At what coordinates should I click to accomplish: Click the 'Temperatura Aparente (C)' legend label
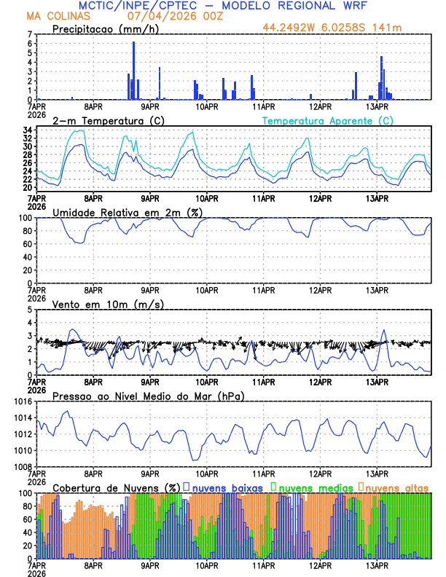pyautogui.click(x=327, y=120)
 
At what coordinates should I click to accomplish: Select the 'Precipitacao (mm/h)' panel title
pyautogui.click(x=103, y=28)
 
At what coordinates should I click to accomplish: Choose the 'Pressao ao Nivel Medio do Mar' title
pyautogui.click(x=148, y=396)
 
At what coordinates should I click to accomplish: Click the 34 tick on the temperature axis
pyautogui.click(x=27, y=130)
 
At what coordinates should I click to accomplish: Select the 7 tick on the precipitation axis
pyautogui.click(x=30, y=34)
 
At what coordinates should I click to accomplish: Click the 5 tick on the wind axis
pyautogui.click(x=30, y=310)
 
